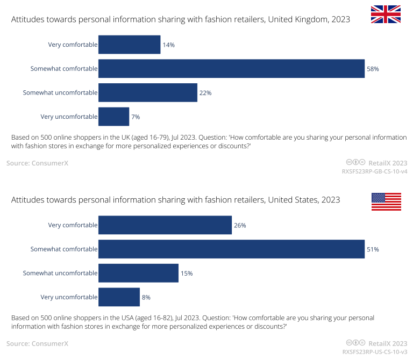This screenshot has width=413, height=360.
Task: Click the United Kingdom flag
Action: pyautogui.click(x=386, y=14)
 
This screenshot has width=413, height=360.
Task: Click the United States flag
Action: pyautogui.click(x=386, y=201)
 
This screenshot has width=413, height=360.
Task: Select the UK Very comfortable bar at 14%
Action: pyautogui.click(x=129, y=45)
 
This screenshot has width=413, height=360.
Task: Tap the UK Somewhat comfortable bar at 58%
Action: pyautogui.click(x=231, y=69)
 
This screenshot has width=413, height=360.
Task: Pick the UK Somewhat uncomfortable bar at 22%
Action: pyautogui.click(x=148, y=92)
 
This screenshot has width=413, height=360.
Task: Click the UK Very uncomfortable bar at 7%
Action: pyautogui.click(x=113, y=117)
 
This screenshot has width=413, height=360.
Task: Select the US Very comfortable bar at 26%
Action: pyautogui.click(x=165, y=225)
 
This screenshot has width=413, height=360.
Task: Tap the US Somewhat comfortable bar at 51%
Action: pyautogui.click(x=231, y=249)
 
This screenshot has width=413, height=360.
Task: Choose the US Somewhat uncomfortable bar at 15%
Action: pyautogui.click(x=138, y=273)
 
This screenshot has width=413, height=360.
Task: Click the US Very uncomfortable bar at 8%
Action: pyautogui.click(x=119, y=297)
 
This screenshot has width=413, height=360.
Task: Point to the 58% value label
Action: pyautogui.click(x=373, y=69)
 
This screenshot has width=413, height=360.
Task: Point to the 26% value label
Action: pyautogui.click(x=240, y=225)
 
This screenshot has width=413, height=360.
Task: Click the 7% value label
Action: pyautogui.click(x=136, y=117)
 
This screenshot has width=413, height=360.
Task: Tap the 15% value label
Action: pyautogui.click(x=187, y=273)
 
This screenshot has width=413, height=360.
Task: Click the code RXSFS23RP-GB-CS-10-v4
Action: pyautogui.click(x=374, y=171)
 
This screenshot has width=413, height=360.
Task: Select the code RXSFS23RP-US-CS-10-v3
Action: pyautogui.click(x=374, y=352)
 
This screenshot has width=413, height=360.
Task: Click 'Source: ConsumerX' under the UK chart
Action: pyautogui.click(x=37, y=163)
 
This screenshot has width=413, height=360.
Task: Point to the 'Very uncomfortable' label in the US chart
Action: pyautogui.click(x=69, y=297)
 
